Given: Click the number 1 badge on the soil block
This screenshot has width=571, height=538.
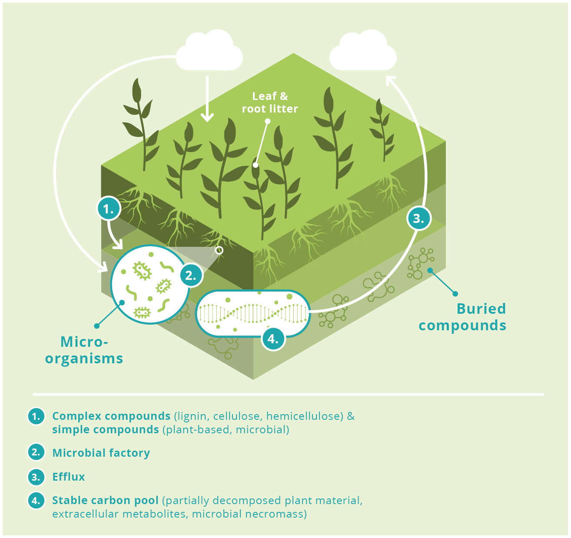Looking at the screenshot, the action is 108,209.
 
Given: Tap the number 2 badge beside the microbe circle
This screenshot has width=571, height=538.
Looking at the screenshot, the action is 191,275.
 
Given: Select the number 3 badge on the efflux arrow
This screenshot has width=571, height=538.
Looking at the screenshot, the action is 419,218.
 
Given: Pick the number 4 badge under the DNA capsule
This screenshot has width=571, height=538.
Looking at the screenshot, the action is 273,339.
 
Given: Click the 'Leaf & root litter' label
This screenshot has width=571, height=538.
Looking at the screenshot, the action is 270,103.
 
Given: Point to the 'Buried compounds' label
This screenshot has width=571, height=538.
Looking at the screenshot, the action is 462,317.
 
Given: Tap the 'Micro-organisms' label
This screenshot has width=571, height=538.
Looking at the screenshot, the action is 84,350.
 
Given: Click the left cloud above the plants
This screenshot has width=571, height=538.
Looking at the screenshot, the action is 209,50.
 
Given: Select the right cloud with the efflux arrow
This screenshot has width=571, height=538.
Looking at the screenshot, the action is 363,50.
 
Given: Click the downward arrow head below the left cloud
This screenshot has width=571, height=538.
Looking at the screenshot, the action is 207,118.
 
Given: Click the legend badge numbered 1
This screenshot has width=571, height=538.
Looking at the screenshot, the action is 36,416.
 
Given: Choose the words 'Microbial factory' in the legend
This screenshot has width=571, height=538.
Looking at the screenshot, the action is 101,453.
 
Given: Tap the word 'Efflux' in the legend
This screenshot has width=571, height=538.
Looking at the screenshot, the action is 69,477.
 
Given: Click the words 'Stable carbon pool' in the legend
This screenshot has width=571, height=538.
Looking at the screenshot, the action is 105,500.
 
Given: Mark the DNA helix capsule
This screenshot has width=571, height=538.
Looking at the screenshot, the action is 253,313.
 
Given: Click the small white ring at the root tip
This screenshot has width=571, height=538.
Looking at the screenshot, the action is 219,250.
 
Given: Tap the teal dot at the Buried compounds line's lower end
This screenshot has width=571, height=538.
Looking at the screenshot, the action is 455,294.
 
